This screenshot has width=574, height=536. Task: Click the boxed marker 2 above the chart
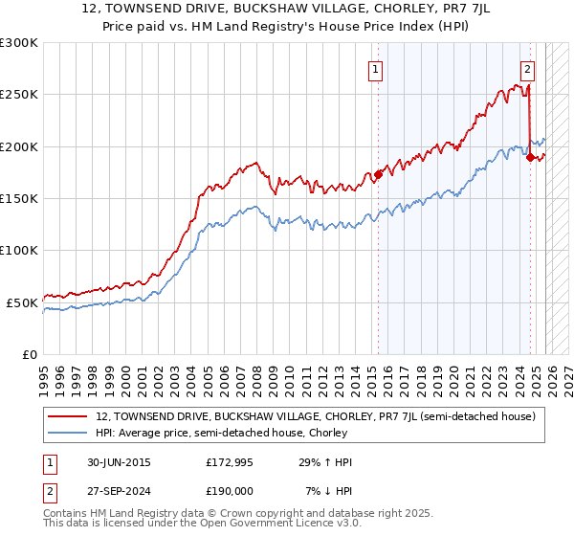pos(527,69)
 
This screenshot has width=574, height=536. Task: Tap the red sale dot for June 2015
pos(378,174)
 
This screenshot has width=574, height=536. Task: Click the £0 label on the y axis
pos(30,354)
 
